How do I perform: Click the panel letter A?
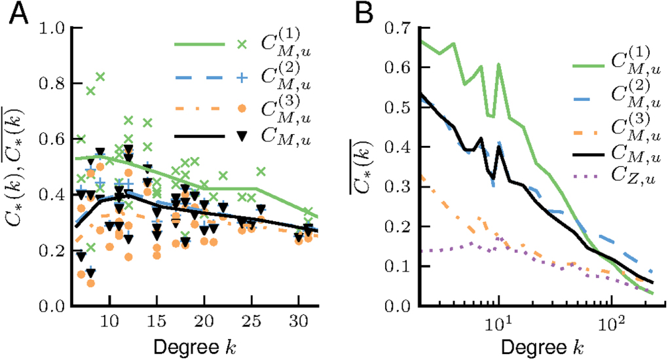pos(18,14)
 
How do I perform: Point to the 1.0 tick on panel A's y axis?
pos(53,28)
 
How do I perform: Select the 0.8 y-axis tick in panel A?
pos(53,84)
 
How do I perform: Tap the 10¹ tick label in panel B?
pos(499,323)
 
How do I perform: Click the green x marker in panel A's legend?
pos(241,44)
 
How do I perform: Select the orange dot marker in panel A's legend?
pos(241,107)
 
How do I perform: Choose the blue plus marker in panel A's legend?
pos(241,77)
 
